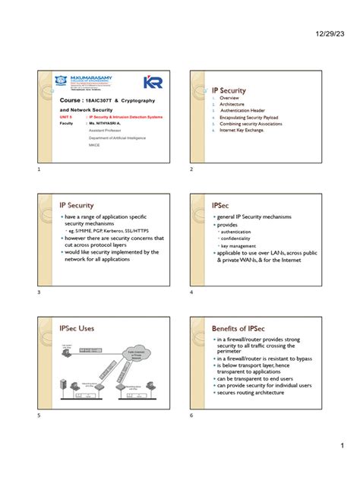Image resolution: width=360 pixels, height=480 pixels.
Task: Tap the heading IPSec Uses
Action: tap(77, 328)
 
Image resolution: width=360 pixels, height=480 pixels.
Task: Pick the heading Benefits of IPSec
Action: tap(242, 327)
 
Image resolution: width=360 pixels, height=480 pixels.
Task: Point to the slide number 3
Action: tap(38, 292)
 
